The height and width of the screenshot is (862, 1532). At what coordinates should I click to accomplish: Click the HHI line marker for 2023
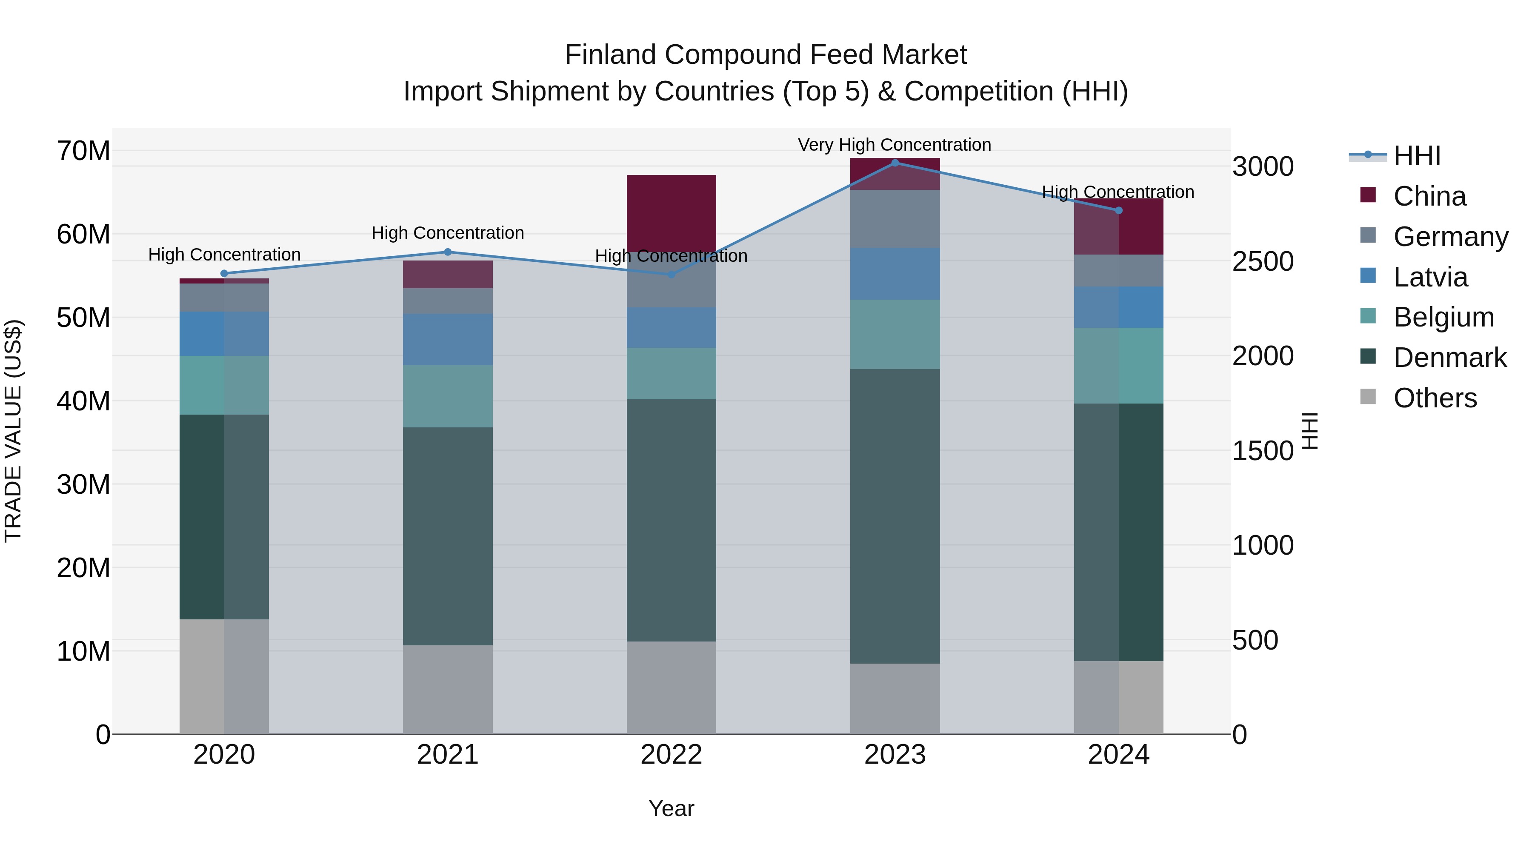[x=895, y=163]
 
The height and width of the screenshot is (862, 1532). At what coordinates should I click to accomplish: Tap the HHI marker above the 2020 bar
[x=224, y=274]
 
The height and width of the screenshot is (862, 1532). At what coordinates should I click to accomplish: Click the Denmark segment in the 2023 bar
[x=895, y=516]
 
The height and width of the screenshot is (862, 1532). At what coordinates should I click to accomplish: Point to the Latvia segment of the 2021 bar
[x=447, y=339]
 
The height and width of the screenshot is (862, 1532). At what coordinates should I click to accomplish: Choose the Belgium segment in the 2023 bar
[x=895, y=334]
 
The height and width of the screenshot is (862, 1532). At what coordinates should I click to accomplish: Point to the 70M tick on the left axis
[x=83, y=151]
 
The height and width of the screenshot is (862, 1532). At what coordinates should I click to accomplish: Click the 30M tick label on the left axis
[x=83, y=484]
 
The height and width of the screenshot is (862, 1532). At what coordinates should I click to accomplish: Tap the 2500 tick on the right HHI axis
[x=1262, y=261]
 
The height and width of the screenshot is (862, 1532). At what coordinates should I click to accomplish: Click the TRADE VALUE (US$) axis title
[x=13, y=431]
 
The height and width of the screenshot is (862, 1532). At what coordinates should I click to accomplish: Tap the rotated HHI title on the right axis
[x=1310, y=431]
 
